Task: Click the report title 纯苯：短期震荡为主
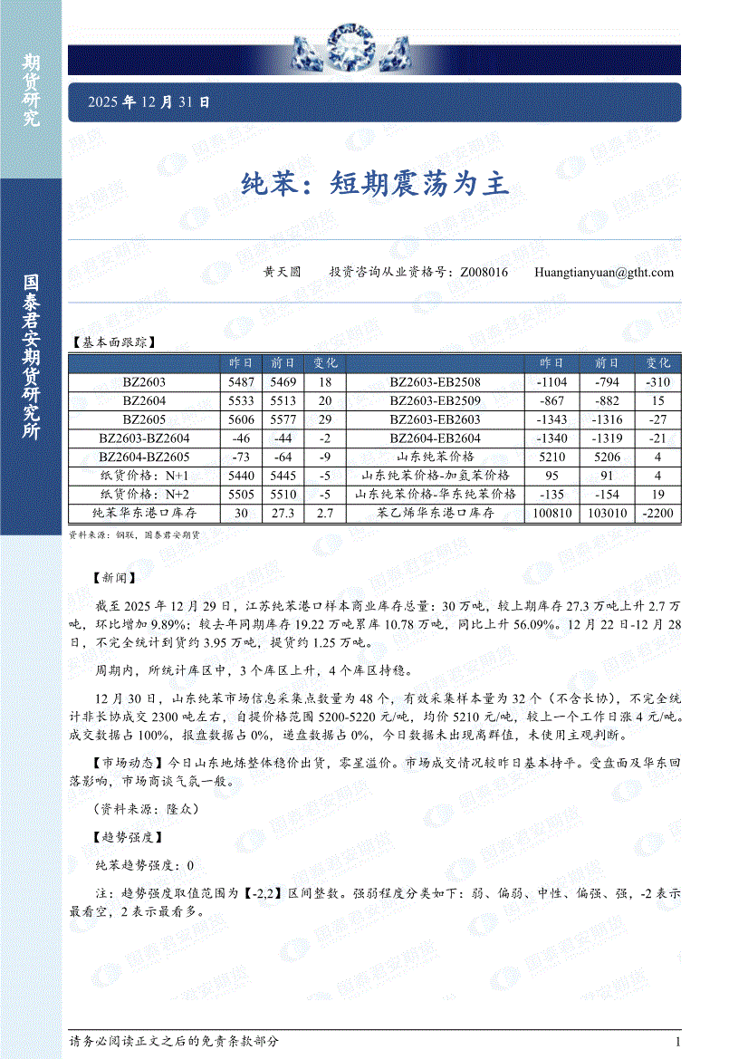pos(375,185)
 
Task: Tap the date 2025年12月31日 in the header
pos(149,102)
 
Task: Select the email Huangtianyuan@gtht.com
pos(604,272)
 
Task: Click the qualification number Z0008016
pos(484,272)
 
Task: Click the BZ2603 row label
pos(144,381)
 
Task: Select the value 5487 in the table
pos(245,381)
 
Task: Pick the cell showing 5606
pos(245,419)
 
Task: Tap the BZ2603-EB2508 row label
pos(435,381)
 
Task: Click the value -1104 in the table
pos(551,381)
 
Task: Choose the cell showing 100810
pos(551,514)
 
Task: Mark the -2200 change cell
pos(658,514)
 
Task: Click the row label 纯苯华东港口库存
pos(144,514)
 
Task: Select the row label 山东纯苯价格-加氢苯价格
pos(435,476)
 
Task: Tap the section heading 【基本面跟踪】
pos(114,342)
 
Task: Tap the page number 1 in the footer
pos(677,1042)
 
